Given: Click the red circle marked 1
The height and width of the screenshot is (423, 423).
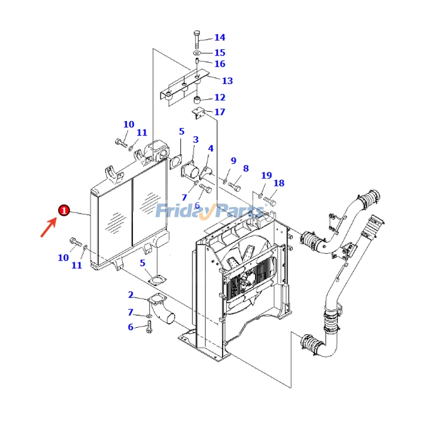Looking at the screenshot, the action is click(x=64, y=210).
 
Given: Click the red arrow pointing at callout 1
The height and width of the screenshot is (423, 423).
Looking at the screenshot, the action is click(x=49, y=227).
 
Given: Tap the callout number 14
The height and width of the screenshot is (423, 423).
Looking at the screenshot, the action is click(x=219, y=38).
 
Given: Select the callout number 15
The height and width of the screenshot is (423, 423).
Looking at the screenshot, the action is click(x=219, y=52).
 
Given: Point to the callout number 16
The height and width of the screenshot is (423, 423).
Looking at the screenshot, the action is click(x=219, y=64).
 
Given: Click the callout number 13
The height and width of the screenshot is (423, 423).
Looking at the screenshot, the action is click(x=227, y=81).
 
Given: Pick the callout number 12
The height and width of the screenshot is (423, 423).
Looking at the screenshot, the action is click(x=219, y=97).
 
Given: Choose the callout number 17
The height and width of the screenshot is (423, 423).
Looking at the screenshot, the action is click(x=219, y=112).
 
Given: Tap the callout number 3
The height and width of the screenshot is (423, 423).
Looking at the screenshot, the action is click(x=196, y=140).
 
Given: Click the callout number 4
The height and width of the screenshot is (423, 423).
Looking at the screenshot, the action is click(x=210, y=149).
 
